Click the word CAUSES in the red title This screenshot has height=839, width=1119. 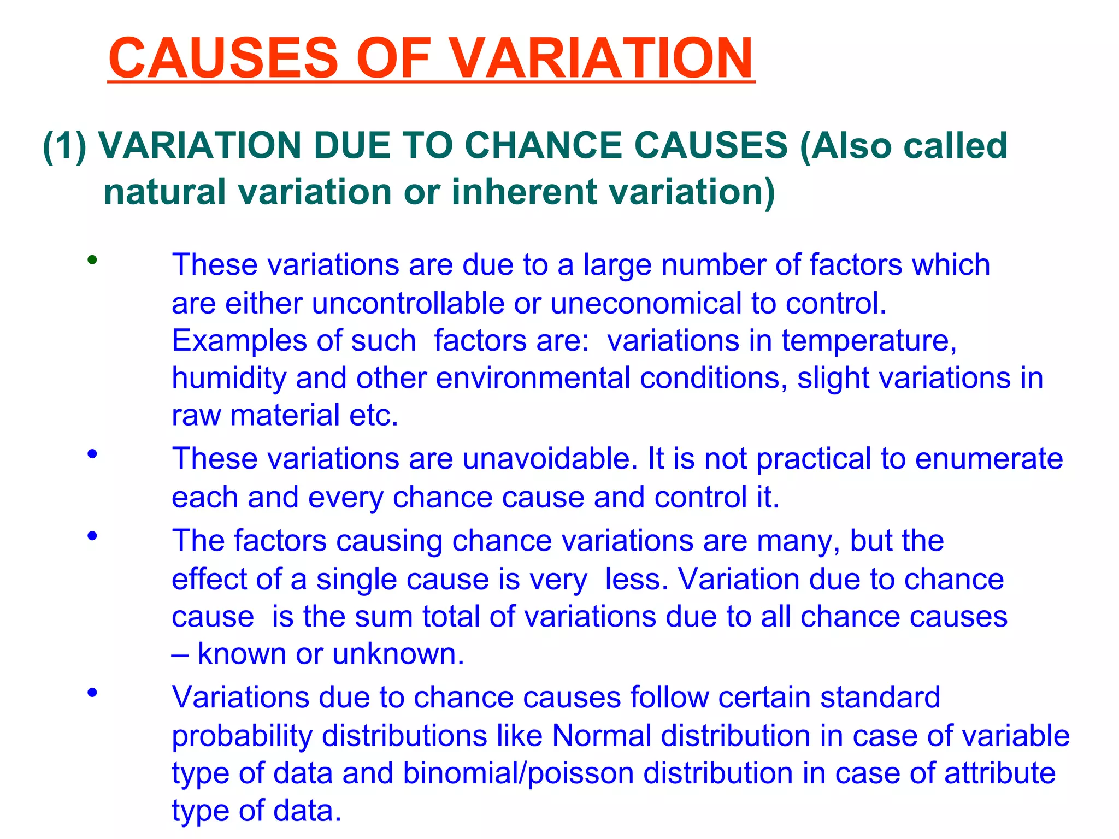coord(224,58)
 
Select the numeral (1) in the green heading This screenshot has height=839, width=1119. coord(64,146)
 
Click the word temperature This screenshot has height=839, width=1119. coord(869,341)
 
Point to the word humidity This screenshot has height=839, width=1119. coord(229,379)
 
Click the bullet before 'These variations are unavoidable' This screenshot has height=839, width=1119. coord(92,453)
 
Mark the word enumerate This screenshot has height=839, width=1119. coord(989,459)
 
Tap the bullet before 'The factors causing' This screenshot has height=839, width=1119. coord(92,536)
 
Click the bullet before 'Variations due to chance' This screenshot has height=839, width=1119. coord(92,693)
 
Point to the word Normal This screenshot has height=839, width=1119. coord(602,736)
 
